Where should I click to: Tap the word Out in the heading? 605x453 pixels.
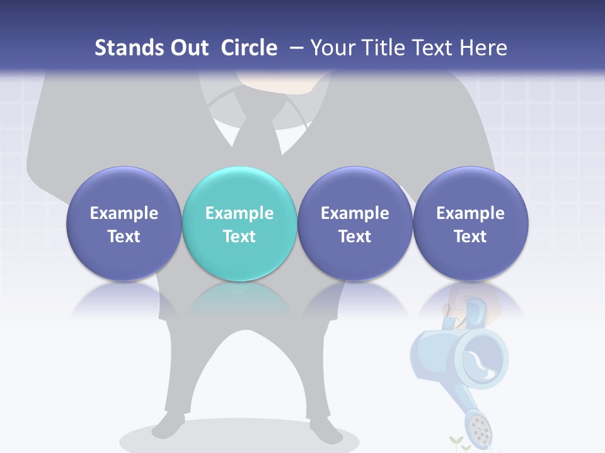[187, 48]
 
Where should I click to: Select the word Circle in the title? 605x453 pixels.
[249, 48]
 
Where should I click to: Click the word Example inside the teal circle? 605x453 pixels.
[239, 213]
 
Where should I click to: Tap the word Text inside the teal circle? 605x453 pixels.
[239, 237]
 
